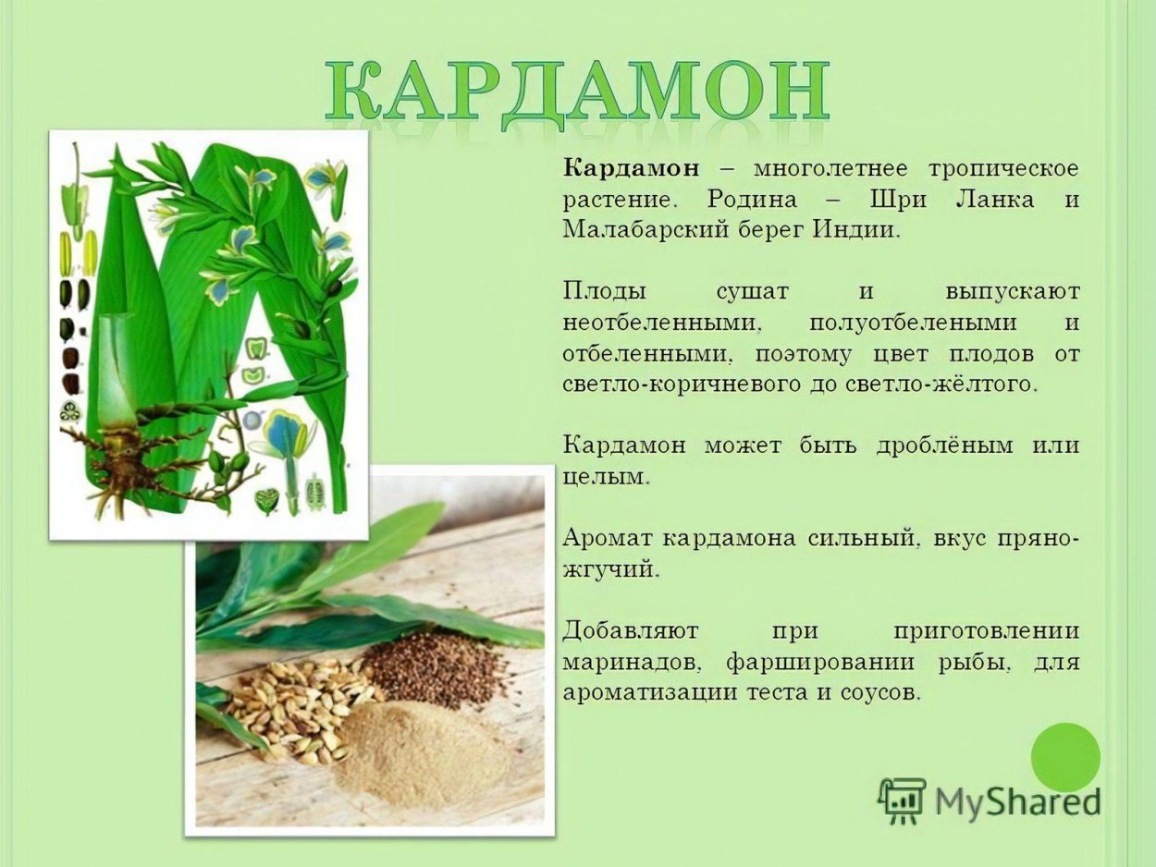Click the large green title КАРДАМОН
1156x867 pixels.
click(577, 92)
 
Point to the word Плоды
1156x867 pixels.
click(605, 293)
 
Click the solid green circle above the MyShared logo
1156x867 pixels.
click(1065, 757)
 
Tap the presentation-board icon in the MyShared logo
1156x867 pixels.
click(902, 800)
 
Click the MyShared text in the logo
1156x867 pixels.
click(1017, 801)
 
